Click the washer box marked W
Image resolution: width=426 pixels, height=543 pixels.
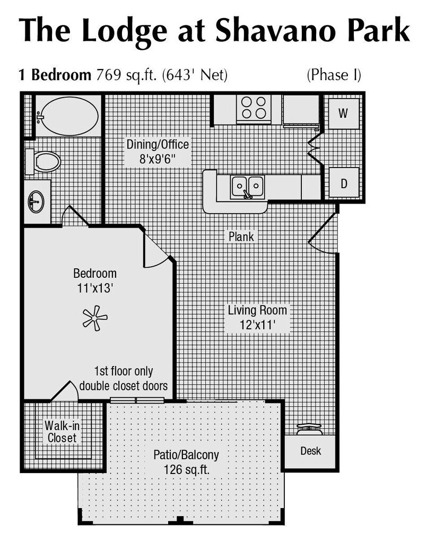tap(343, 113)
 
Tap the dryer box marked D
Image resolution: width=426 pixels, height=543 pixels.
tap(343, 183)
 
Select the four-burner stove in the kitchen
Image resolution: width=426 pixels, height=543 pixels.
tap(254, 108)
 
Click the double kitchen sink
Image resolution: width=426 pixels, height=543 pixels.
tap(248, 187)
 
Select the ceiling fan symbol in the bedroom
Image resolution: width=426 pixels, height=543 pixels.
tap(94, 318)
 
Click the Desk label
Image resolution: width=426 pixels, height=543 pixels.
tap(310, 451)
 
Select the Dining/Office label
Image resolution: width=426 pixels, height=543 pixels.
tap(157, 144)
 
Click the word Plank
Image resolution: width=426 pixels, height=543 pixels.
tap(241, 237)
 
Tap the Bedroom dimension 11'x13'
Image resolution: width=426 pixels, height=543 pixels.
tap(94, 288)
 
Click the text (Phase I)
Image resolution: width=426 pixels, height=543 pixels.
tap(334, 75)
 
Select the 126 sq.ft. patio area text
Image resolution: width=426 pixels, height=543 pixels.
tap(186, 469)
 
